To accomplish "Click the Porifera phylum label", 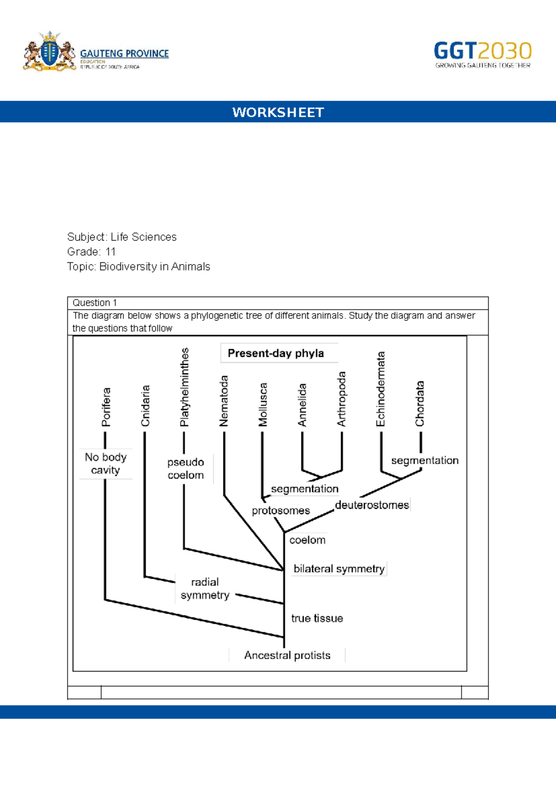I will pyautogui.click(x=106, y=407).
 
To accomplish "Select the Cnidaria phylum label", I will pyautogui.click(x=145, y=406).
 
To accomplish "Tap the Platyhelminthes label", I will pyautogui.click(x=185, y=387).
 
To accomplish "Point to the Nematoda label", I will pyautogui.click(x=224, y=401).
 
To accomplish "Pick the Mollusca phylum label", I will pyautogui.click(x=263, y=404).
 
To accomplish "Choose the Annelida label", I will pyautogui.click(x=302, y=405).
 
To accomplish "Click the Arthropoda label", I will pyautogui.click(x=341, y=399).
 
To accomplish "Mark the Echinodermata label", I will pyautogui.click(x=381, y=389).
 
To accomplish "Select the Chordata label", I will pyautogui.click(x=420, y=404).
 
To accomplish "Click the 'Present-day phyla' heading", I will pyautogui.click(x=276, y=353).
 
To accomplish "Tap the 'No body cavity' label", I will pyautogui.click(x=106, y=463).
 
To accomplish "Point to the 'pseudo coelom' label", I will pyautogui.click(x=185, y=469).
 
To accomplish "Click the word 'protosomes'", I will pyautogui.click(x=281, y=510).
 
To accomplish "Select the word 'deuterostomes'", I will pyautogui.click(x=372, y=505).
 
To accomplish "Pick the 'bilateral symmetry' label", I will pyautogui.click(x=339, y=569).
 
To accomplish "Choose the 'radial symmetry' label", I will pyautogui.click(x=205, y=589).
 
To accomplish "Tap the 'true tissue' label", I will pyautogui.click(x=317, y=618).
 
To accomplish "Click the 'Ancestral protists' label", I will pyautogui.click(x=287, y=655).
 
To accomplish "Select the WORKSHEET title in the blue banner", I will pyautogui.click(x=278, y=112).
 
